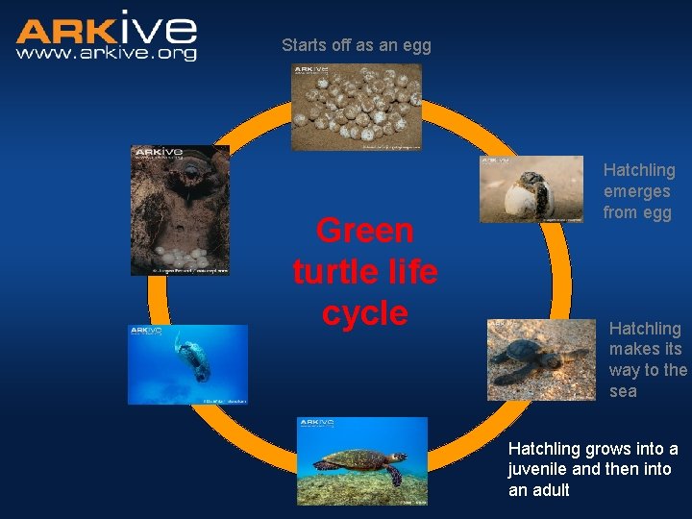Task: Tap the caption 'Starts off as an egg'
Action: [x=356, y=44]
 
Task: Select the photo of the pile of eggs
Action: [x=357, y=107]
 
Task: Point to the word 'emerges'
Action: [x=636, y=191]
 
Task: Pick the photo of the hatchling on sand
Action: [x=541, y=359]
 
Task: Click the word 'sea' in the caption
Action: [x=623, y=391]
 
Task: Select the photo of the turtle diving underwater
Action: [x=187, y=363]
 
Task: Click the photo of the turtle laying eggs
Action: [x=180, y=210]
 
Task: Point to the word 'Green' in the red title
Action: [x=364, y=231]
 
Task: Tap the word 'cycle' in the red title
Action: [x=364, y=313]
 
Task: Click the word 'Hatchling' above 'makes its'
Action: [x=644, y=329]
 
